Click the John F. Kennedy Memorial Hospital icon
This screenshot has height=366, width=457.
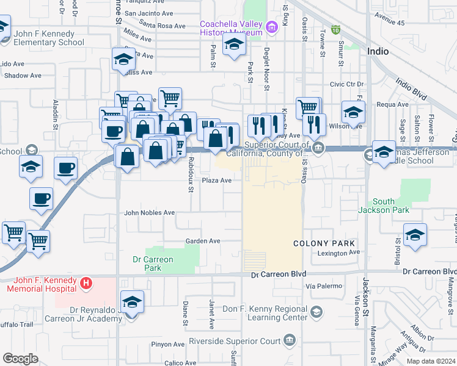tap(87, 283)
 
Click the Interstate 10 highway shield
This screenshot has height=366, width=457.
tap(335, 29)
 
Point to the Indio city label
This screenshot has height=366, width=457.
tap(378, 52)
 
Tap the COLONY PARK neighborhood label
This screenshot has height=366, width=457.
tap(324, 243)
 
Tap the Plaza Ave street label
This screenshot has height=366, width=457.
tap(217, 181)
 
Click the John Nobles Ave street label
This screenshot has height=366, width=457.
tap(150, 213)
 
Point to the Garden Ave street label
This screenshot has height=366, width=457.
tap(203, 241)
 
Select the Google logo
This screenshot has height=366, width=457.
tap(20, 359)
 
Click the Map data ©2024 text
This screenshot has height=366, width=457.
tap(431, 361)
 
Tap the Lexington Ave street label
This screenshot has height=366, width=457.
tap(339, 253)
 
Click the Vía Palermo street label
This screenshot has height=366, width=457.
tap(321, 285)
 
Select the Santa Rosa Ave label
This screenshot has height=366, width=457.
tap(163, 26)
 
